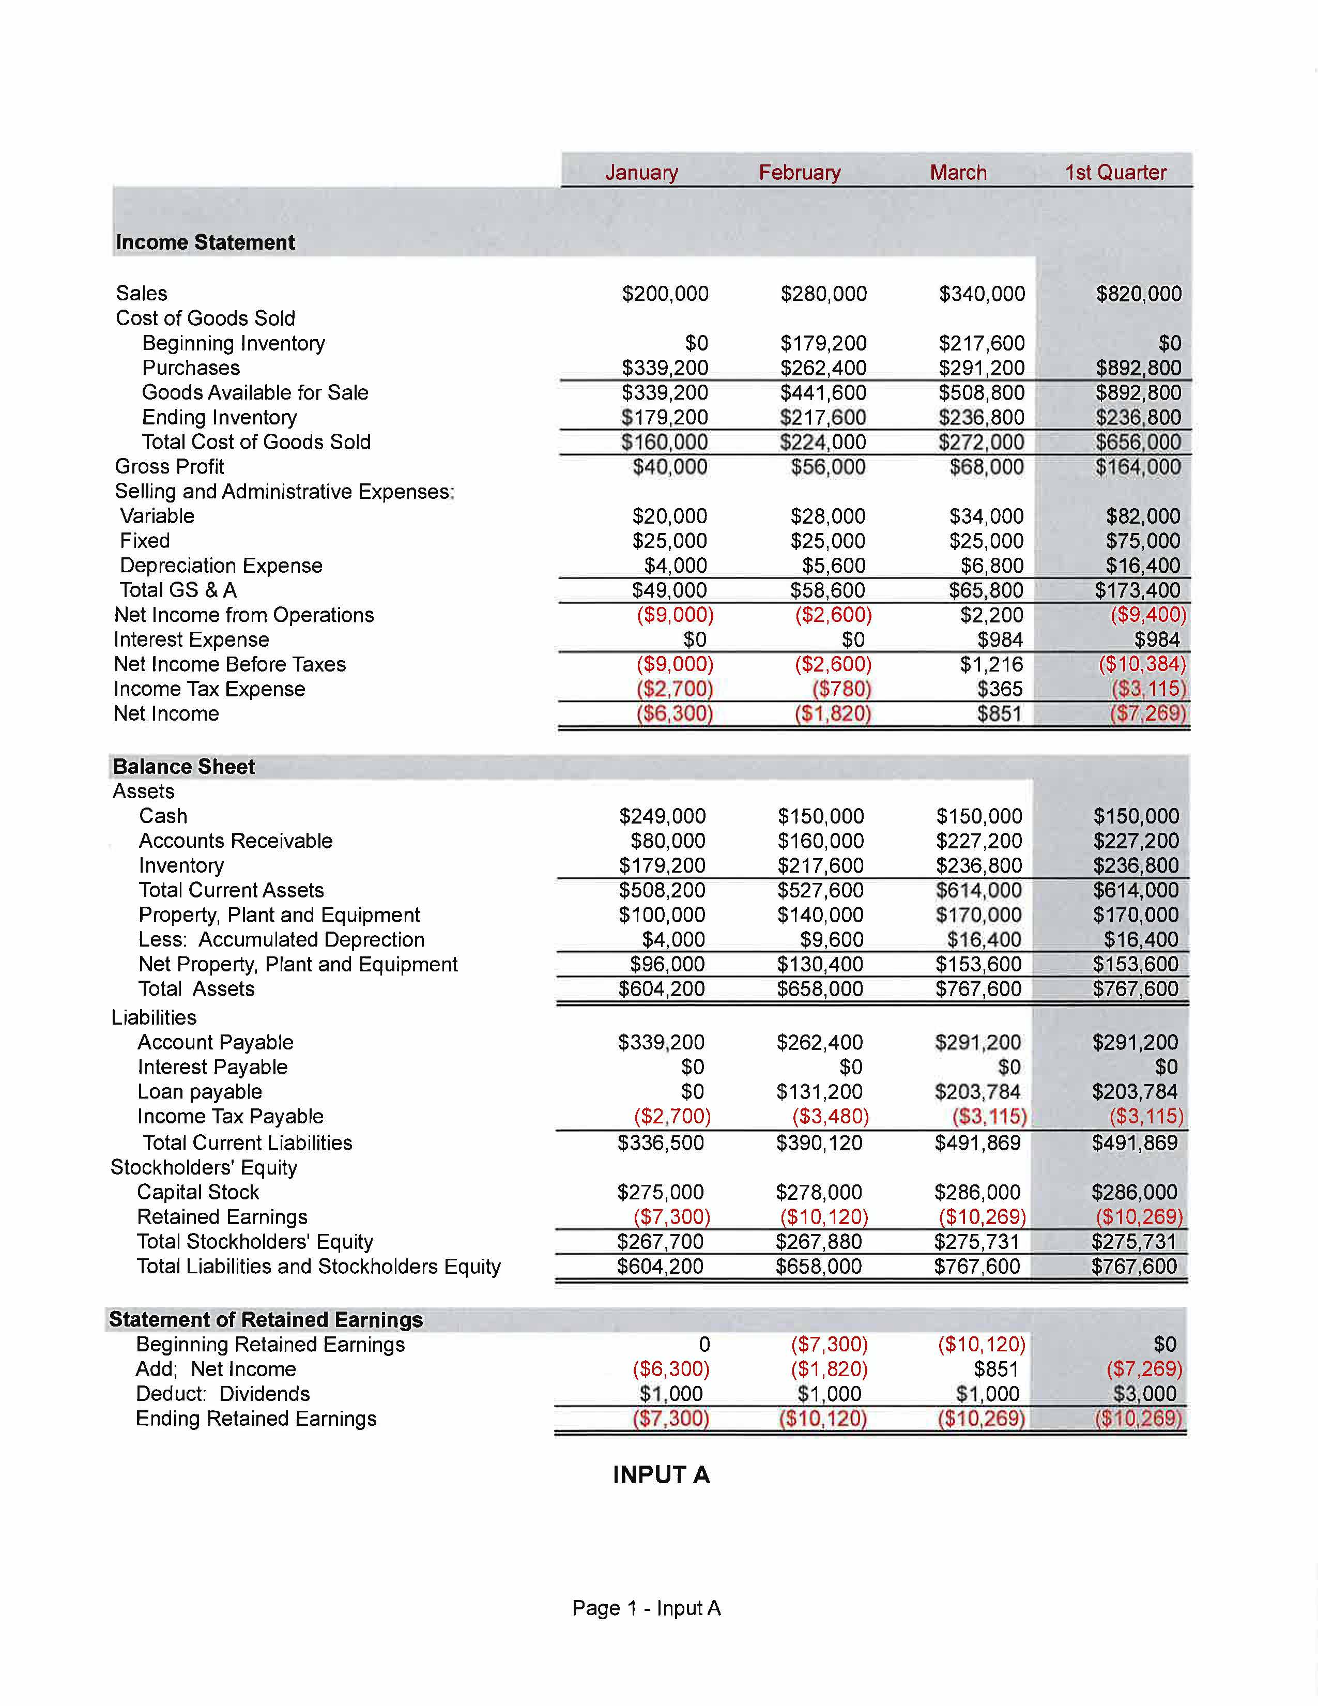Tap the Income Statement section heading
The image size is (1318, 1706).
205,242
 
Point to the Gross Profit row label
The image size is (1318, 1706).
170,466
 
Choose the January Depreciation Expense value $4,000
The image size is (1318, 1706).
676,566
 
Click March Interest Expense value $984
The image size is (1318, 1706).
1000,640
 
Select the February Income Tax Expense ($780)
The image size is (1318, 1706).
841,689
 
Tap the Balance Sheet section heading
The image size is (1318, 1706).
185,766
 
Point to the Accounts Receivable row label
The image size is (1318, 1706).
236,841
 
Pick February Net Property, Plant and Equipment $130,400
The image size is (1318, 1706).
820,965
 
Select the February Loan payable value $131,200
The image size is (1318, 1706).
819,1092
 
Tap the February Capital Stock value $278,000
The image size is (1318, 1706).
819,1192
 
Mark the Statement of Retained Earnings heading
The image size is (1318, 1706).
266,1319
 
